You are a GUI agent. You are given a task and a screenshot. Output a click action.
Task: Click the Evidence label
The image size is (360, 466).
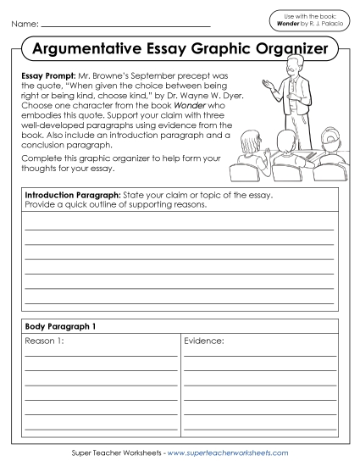(x=204, y=341)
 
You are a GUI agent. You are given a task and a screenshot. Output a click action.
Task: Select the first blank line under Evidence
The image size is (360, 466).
(x=259, y=357)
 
